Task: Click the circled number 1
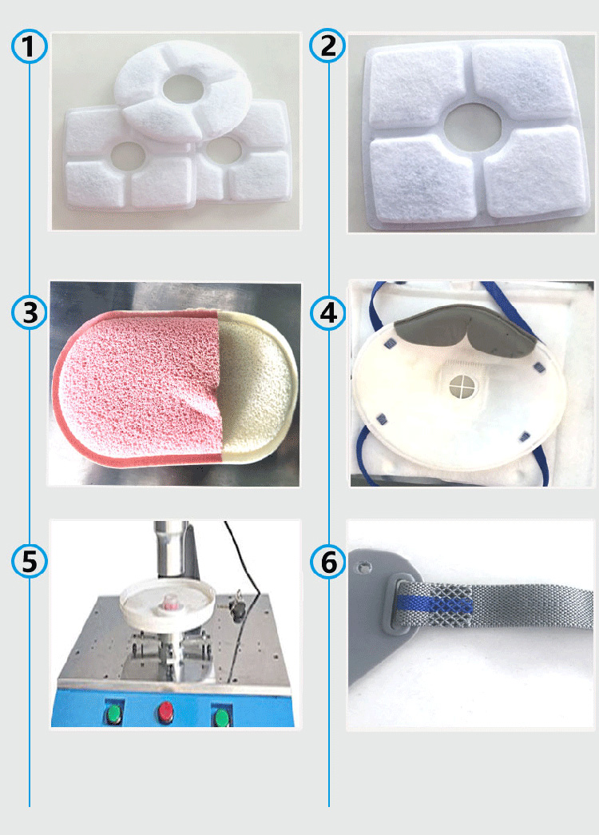[30, 46]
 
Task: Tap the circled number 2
[328, 46]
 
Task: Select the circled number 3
[30, 312]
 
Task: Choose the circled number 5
[30, 560]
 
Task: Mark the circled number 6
[328, 561]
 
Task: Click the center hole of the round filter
[182, 89]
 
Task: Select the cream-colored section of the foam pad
[256, 384]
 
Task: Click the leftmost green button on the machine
[114, 714]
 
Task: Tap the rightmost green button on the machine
[222, 717]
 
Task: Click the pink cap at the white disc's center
[171, 602]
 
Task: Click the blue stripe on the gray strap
[434, 605]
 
